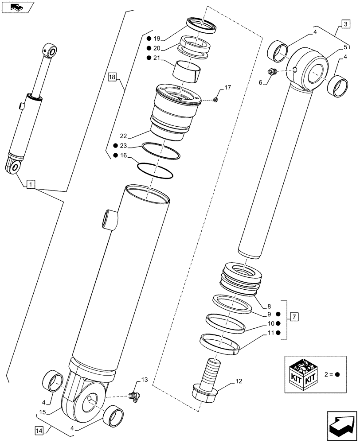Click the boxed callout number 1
30,183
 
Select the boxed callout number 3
345,23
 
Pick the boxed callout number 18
111,78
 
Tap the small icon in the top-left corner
17,7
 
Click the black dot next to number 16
116,155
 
